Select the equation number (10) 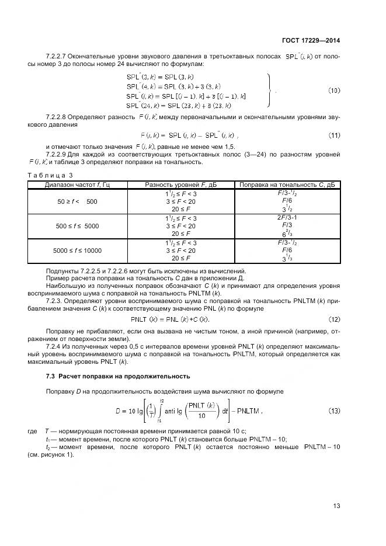(333, 91)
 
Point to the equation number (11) (333, 135)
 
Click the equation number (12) (333, 319)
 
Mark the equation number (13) (333, 411)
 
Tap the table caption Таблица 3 (50, 175)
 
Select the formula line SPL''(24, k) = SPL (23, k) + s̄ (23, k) (178, 106)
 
